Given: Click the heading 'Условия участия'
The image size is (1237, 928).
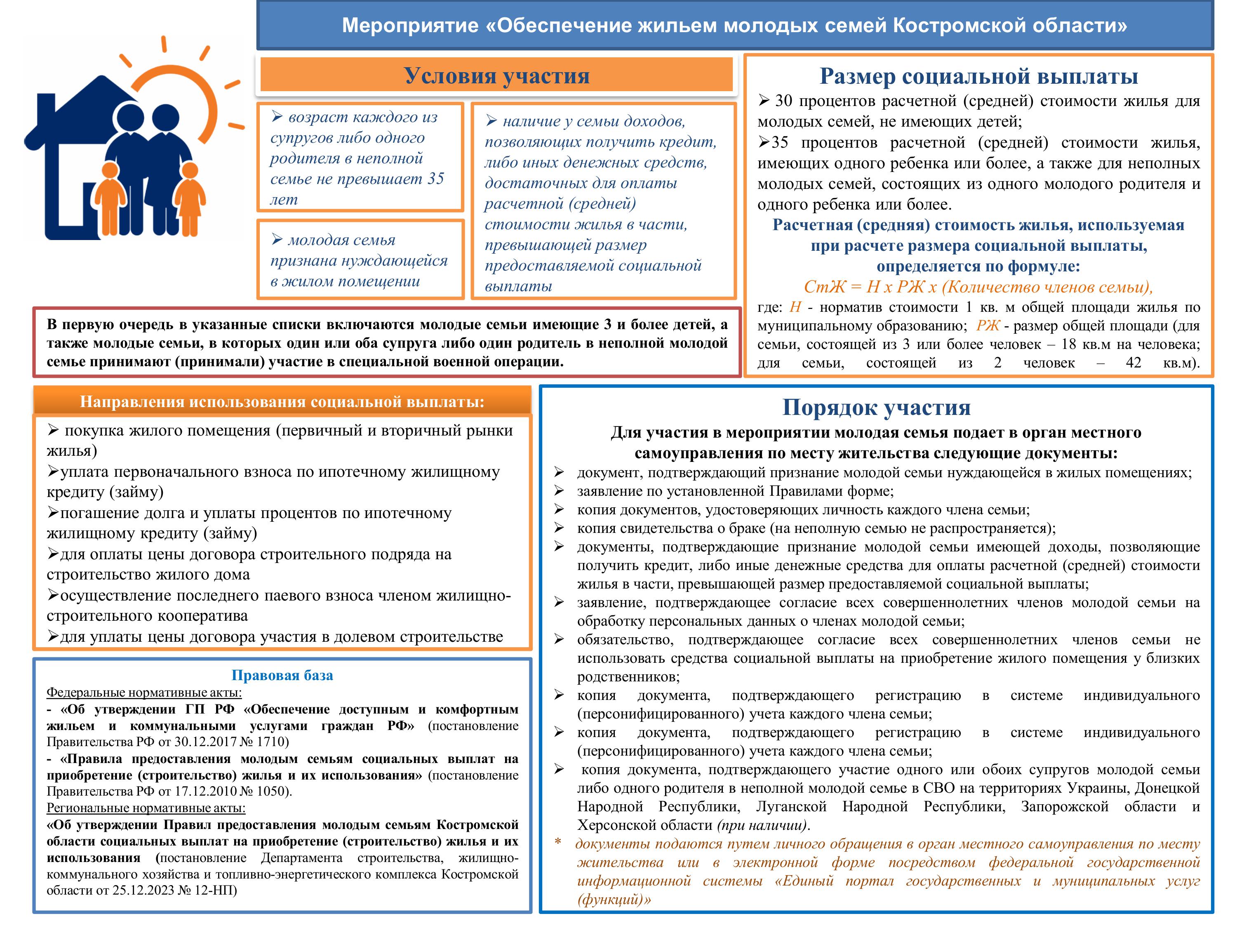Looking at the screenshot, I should pyautogui.click(x=496, y=75).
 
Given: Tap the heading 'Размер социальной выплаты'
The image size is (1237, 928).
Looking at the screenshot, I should pyautogui.click(x=978, y=76).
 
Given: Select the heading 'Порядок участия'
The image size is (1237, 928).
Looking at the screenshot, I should pyautogui.click(x=876, y=407).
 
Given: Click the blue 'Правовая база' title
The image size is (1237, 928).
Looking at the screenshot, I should pyautogui.click(x=282, y=675).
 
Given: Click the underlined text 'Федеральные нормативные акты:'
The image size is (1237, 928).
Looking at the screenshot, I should pyautogui.click(x=144, y=692).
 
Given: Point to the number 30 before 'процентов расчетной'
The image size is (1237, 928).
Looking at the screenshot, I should pyautogui.click(x=783, y=101).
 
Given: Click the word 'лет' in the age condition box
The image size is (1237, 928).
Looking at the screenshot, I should pyautogui.click(x=284, y=200).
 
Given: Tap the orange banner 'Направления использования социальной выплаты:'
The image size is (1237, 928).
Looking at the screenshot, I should pyautogui.click(x=282, y=402).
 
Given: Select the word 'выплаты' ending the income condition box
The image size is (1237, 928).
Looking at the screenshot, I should pyautogui.click(x=518, y=286).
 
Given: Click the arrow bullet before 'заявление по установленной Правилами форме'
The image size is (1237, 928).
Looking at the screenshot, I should pyautogui.click(x=559, y=491).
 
